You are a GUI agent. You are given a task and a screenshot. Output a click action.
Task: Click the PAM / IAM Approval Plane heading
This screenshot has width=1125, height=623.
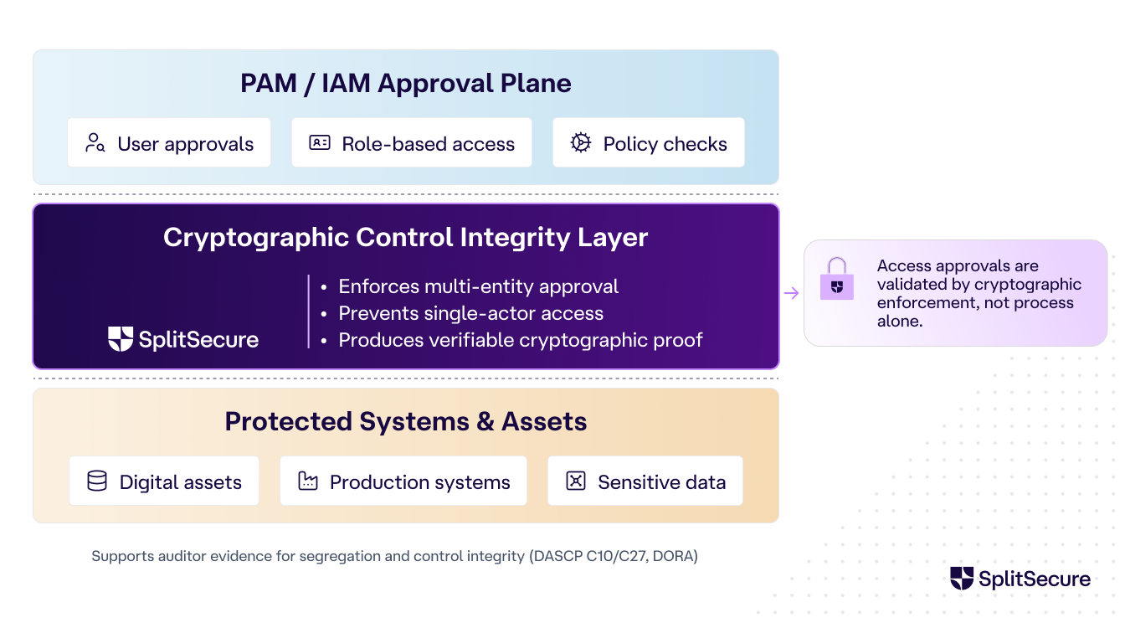405,84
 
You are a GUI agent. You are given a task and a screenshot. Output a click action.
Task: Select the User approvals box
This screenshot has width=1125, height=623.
169,143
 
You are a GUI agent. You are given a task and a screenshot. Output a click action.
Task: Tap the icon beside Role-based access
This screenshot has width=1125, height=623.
320,143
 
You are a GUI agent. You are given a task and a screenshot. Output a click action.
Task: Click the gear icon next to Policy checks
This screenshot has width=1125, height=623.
580,143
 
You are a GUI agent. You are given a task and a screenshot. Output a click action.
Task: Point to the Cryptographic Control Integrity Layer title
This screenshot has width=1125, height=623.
405,237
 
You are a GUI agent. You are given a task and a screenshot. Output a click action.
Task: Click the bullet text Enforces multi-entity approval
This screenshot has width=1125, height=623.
478,286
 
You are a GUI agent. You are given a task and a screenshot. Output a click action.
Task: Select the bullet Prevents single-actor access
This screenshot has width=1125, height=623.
470,313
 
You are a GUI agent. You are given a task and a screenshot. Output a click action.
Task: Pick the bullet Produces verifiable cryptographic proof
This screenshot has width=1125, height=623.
520,340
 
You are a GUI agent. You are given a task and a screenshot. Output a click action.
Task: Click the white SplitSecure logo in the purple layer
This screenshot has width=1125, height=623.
183,339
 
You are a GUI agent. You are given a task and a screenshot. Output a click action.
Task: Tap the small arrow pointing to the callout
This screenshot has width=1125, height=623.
791,293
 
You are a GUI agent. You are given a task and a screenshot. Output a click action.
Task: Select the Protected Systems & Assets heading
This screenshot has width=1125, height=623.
405,421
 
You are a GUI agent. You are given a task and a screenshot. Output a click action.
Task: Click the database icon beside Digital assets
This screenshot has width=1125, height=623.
97,481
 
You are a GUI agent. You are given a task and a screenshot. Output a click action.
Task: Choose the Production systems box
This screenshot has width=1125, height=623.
403,481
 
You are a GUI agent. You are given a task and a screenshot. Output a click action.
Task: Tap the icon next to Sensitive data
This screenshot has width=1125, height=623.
576,481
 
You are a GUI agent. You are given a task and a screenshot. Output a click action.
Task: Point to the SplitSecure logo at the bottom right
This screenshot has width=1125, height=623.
1020,579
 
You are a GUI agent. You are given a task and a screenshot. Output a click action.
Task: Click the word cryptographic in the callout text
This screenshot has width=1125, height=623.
1028,285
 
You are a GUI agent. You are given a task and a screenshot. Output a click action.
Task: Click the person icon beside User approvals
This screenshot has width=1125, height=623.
95,143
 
